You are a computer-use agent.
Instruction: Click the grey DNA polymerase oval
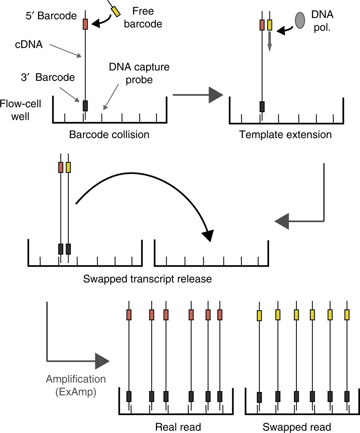click(300, 20)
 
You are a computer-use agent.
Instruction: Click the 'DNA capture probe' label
click(134, 73)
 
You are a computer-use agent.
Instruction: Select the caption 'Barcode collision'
click(109, 134)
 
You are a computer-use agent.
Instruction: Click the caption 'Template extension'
click(286, 134)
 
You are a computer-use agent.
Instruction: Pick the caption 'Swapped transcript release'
click(148, 279)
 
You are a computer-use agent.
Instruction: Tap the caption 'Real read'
click(178, 426)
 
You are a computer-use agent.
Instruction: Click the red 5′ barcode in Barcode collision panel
click(85, 24)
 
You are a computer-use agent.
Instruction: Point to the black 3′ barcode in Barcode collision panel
click(85, 106)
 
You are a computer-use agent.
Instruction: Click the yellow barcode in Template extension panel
click(270, 25)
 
